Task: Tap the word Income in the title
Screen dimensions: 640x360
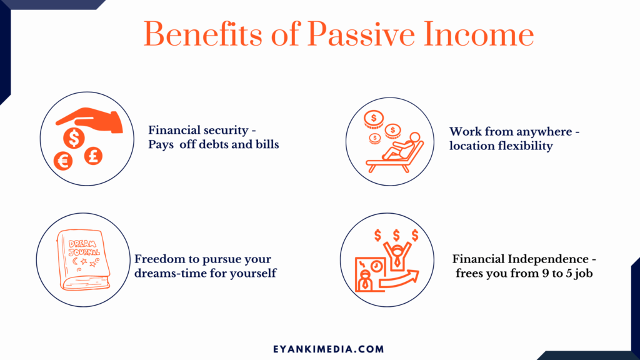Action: pyautogui.click(x=479, y=34)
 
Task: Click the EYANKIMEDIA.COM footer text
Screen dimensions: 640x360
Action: pyautogui.click(x=329, y=349)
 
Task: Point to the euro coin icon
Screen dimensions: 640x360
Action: pyautogui.click(x=63, y=162)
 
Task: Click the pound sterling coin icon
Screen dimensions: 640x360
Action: pyautogui.click(x=93, y=156)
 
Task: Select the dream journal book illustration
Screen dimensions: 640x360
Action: pyautogui.click(x=84, y=260)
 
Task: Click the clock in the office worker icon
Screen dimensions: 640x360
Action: pyautogui.click(x=376, y=266)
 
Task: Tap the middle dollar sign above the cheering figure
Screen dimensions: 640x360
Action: pyautogui.click(x=396, y=235)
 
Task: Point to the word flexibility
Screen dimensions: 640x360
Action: pyautogui.click(x=526, y=146)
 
